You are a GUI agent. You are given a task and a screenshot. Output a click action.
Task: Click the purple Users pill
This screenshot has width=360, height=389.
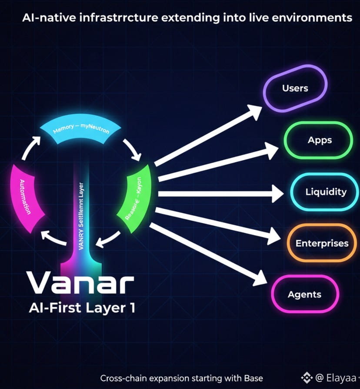(295, 88)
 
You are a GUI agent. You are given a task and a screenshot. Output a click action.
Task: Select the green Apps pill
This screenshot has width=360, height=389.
(320, 140)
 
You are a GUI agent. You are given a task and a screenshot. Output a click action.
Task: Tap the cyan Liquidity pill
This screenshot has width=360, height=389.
(326, 192)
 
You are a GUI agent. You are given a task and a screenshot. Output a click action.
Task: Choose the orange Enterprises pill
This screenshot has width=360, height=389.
(322, 243)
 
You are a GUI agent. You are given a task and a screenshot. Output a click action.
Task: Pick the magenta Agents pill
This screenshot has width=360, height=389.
(304, 295)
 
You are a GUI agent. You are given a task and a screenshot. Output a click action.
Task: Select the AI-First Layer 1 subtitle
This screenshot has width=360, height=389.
(82, 308)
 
